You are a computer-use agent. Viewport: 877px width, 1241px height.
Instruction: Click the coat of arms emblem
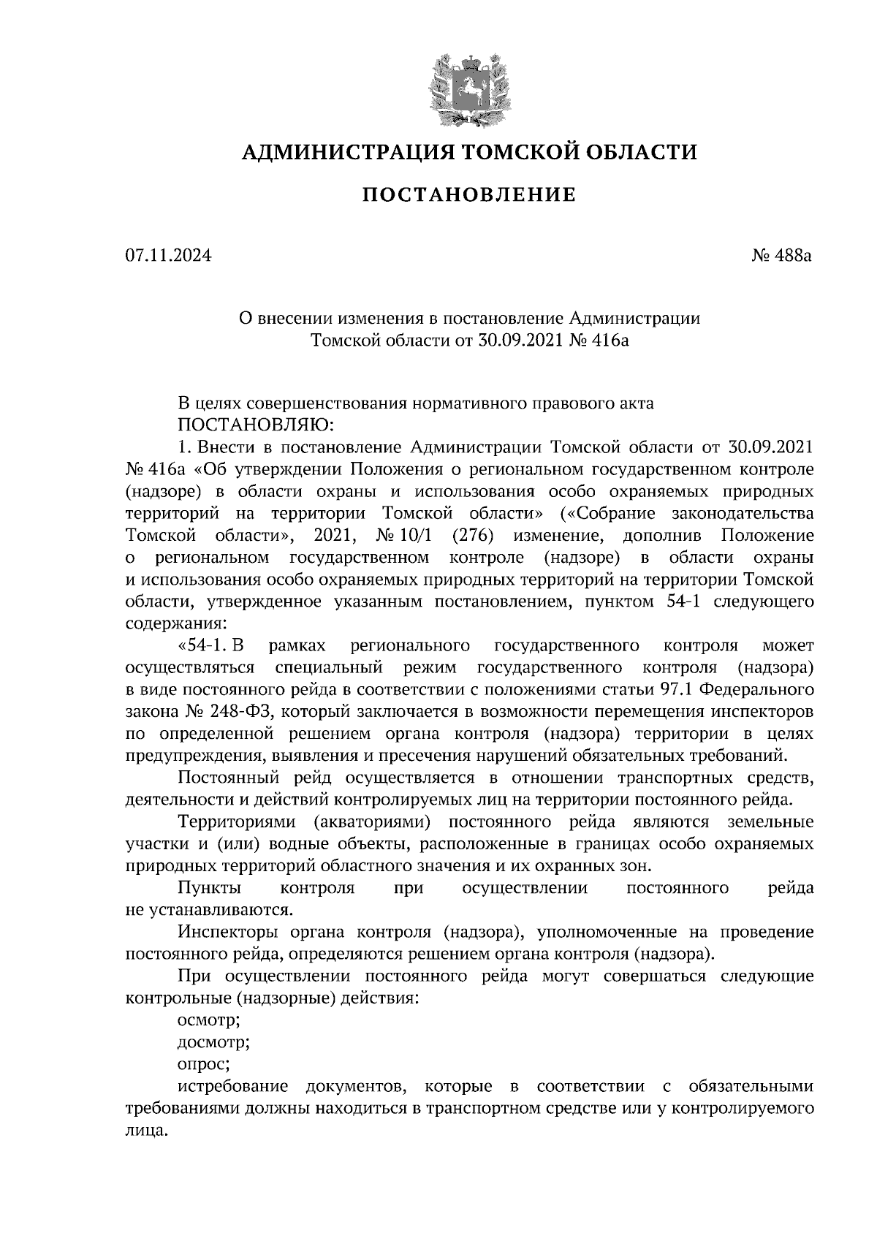click(468, 88)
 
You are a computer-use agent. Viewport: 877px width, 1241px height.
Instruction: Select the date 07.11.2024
click(169, 256)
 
